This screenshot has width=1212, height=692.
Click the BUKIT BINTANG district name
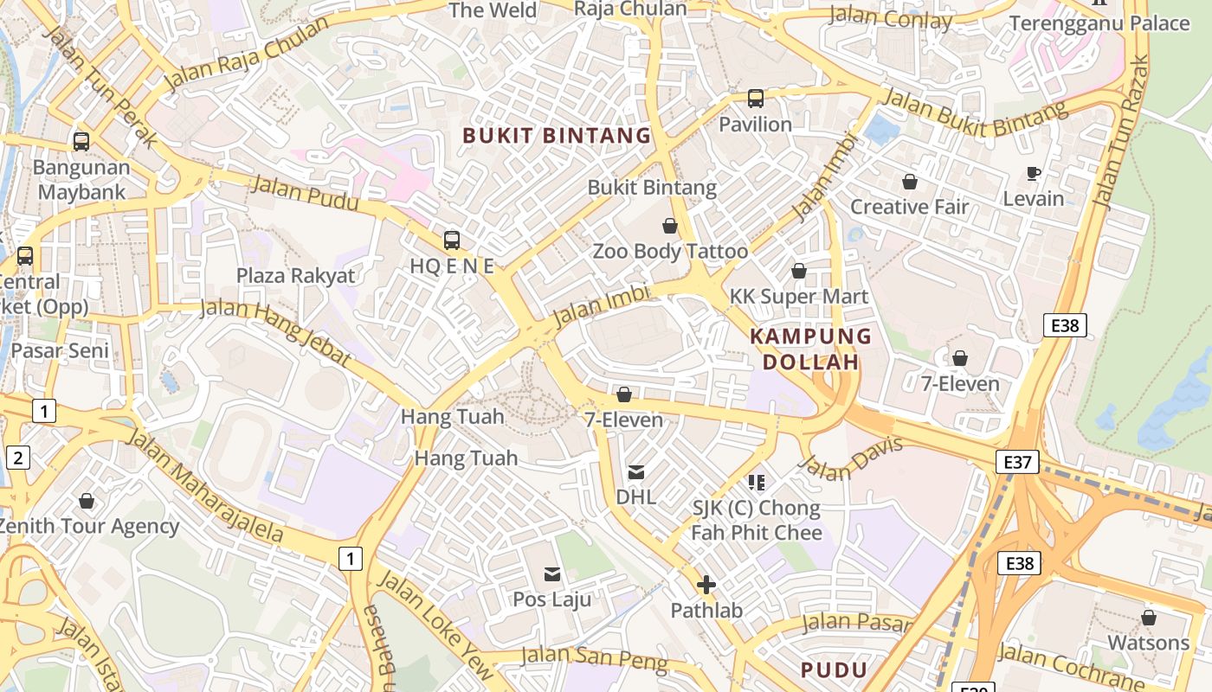coord(557,136)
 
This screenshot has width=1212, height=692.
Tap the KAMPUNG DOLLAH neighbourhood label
coord(810,349)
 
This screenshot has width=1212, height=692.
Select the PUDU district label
coord(834,670)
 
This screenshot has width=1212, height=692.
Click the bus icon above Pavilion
coord(756,99)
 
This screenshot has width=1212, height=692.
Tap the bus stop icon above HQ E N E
coord(451,240)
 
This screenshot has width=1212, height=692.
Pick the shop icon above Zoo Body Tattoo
coord(670,227)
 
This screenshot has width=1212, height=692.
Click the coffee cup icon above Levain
coord(1033,174)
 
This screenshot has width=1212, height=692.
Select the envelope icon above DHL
coord(636,472)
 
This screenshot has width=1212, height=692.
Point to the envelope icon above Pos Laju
coord(551,574)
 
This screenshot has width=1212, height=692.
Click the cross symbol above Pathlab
coord(706,586)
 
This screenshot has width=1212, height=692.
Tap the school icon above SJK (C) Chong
coord(757,482)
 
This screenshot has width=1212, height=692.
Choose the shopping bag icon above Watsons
coord(1149,618)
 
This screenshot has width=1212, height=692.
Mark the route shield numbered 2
coord(18,458)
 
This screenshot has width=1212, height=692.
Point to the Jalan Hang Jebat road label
coord(275,331)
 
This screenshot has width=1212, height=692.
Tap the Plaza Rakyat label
coord(296,276)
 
